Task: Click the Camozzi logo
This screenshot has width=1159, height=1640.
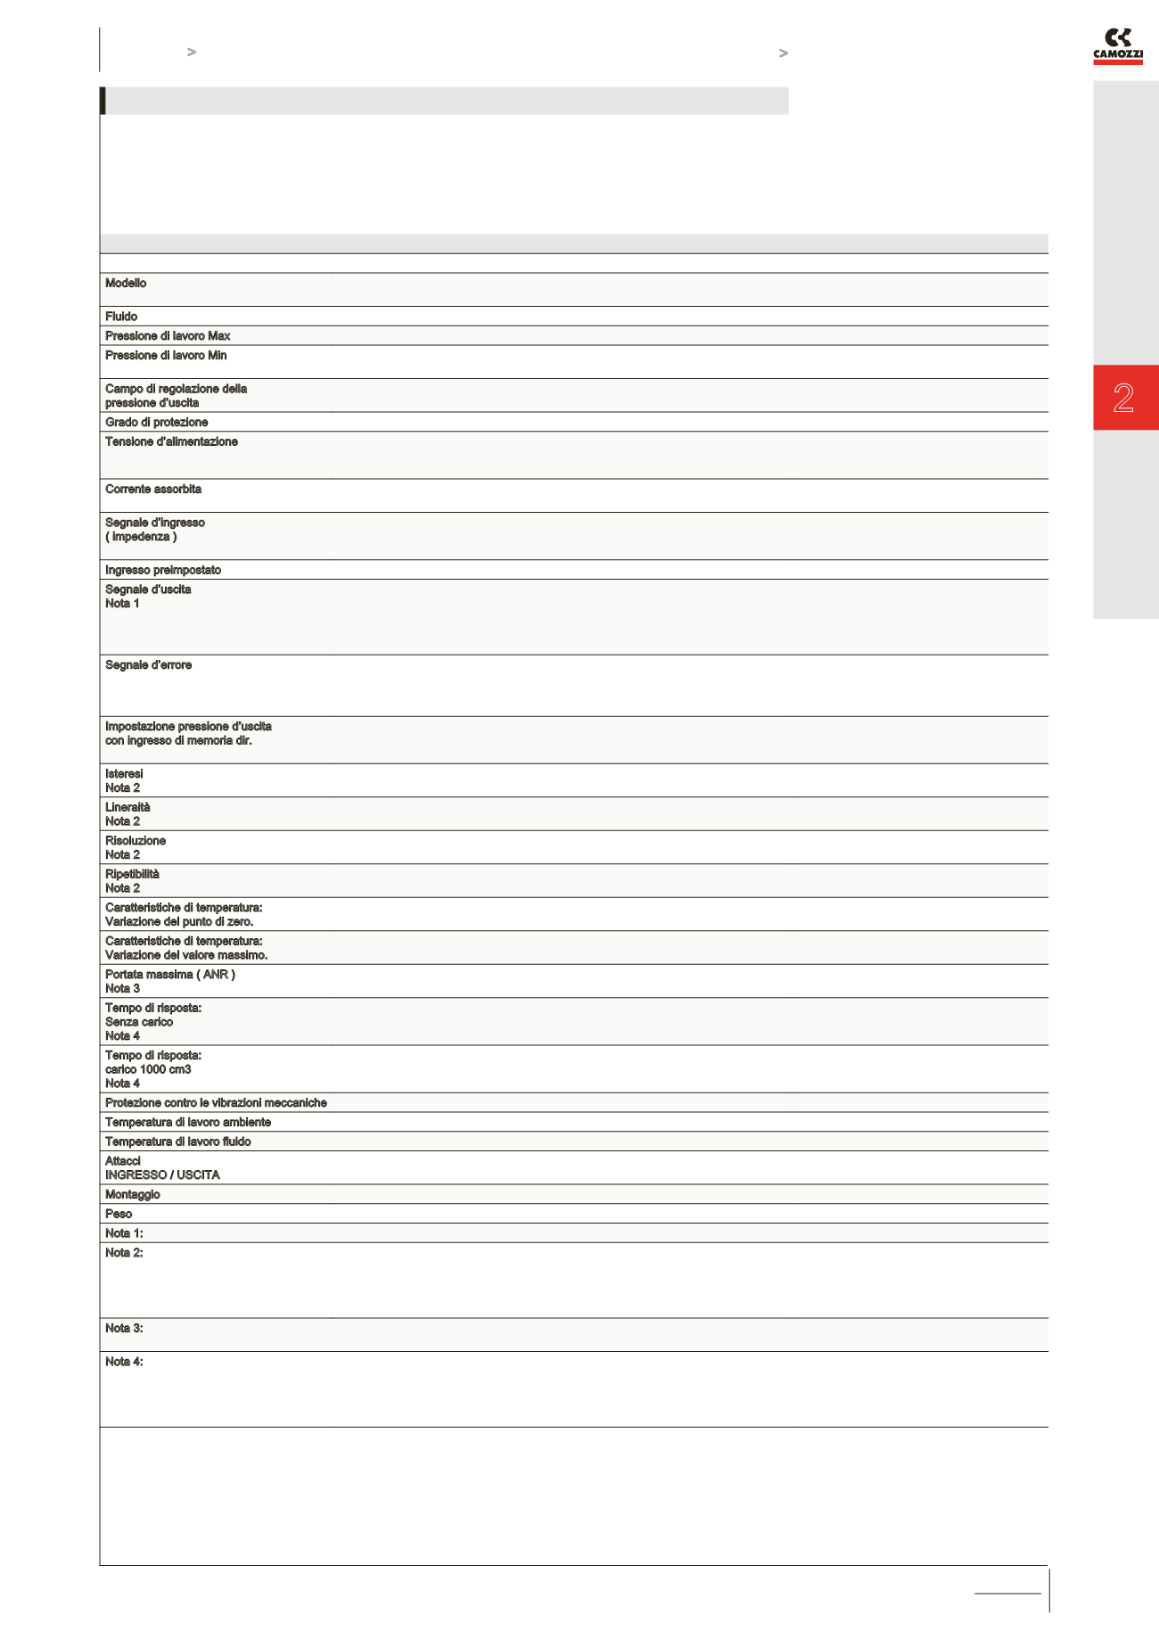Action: coord(1117,46)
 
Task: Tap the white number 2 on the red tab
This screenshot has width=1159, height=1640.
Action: coord(1123,398)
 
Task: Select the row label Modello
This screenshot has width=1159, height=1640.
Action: coord(126,284)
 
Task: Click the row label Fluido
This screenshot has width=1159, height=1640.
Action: coord(121,317)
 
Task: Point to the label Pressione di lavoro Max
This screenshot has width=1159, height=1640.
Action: coord(168,336)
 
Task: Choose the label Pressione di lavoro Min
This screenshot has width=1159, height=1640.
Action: coord(166,356)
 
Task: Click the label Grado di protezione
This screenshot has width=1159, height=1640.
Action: coord(156,423)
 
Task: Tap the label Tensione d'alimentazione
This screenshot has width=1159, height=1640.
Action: coord(171,442)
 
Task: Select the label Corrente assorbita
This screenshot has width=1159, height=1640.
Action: coord(153,490)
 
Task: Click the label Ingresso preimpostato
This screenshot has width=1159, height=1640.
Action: coord(163,571)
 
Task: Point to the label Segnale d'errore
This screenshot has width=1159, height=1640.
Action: coord(148,665)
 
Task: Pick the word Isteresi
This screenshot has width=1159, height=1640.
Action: coord(124,774)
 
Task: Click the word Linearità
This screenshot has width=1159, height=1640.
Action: coord(127,808)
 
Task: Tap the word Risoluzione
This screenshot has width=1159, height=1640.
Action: coord(136,841)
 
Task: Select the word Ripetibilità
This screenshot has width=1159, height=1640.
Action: coord(132,875)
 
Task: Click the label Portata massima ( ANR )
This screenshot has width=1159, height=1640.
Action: coord(170,975)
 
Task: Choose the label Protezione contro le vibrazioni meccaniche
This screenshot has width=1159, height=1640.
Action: coord(216,1103)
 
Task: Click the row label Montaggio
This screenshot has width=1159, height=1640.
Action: coord(133,1195)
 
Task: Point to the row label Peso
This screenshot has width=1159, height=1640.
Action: coord(119,1215)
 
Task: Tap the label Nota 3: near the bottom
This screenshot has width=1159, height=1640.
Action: coord(124,1329)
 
